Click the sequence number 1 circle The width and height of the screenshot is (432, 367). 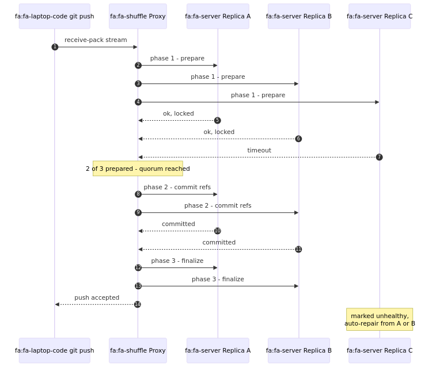click(x=55, y=47)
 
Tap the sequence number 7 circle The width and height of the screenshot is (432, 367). click(x=380, y=157)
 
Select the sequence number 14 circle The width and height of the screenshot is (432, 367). click(x=138, y=304)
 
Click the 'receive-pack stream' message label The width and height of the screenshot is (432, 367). click(x=96, y=40)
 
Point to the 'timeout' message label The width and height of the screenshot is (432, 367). click(x=259, y=150)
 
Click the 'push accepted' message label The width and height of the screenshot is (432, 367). click(x=97, y=297)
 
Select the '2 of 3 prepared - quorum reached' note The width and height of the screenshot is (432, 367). click(x=138, y=169)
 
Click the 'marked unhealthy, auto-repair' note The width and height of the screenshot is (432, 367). click(x=380, y=319)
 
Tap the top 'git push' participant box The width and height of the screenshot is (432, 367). click(x=55, y=16)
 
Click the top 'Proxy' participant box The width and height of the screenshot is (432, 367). click(x=138, y=16)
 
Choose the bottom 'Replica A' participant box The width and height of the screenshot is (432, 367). click(x=218, y=350)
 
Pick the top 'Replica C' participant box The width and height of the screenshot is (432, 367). click(x=380, y=16)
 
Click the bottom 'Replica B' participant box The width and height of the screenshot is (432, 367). click(x=299, y=350)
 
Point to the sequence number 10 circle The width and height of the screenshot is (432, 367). click(x=218, y=231)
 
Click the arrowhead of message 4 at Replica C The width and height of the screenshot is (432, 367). click(x=377, y=102)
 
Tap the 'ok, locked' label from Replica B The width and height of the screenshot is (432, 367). click(x=219, y=132)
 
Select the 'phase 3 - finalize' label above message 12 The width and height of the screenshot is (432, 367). click(x=177, y=261)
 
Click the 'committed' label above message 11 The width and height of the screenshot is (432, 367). click(x=219, y=242)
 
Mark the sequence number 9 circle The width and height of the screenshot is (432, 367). click(x=138, y=212)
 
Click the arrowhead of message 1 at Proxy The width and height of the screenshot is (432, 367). click(x=135, y=47)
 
